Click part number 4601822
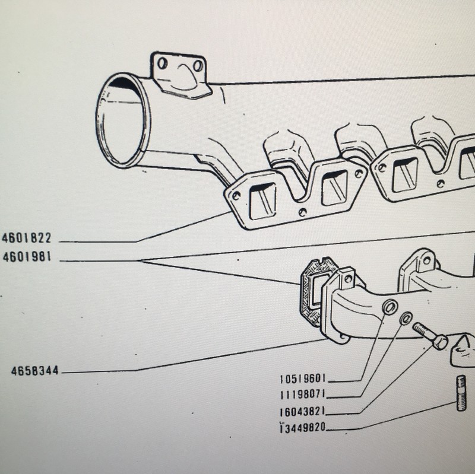[x=27, y=238]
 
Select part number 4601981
[x=27, y=257]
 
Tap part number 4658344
[x=35, y=371]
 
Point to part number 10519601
[x=303, y=378]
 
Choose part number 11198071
[x=303, y=395]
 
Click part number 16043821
[x=303, y=411]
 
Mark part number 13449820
[x=303, y=428]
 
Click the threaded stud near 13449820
[x=461, y=393]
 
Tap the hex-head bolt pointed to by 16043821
[x=430, y=335]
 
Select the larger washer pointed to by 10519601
[x=390, y=307]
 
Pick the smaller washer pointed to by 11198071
[x=406, y=318]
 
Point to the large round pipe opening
[x=123, y=120]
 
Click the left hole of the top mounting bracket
[x=162, y=63]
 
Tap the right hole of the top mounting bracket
[x=198, y=66]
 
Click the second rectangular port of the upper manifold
[x=335, y=187]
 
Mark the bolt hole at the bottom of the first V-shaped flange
[x=302, y=212]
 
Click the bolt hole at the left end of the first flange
[x=236, y=196]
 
